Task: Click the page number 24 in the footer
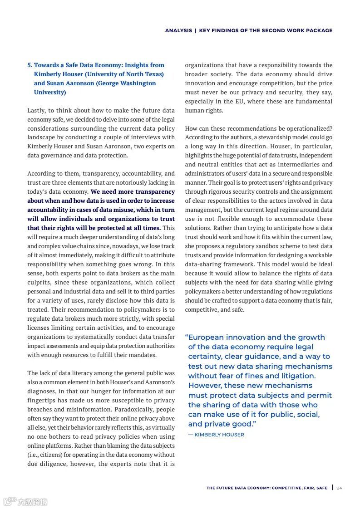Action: [340, 488]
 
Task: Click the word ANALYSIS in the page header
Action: [178, 31]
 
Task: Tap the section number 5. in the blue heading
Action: [30, 65]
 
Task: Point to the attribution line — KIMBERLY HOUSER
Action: [216, 435]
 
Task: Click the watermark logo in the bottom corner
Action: [25, 502]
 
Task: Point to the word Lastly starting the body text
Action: [37, 110]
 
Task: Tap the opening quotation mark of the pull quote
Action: [187, 337]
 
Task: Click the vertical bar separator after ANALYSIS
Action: [196, 31]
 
